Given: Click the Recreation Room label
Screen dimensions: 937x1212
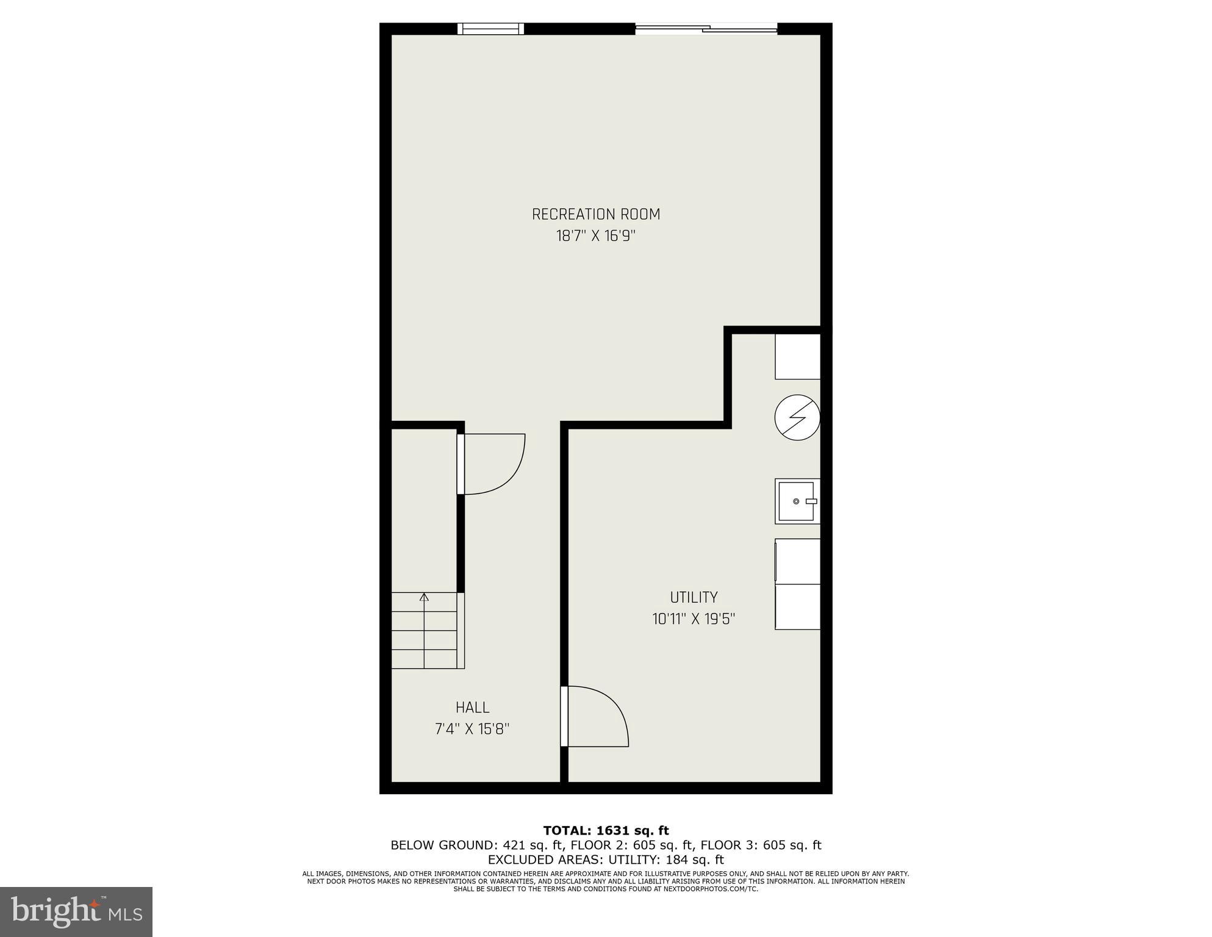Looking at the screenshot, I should pos(596,214).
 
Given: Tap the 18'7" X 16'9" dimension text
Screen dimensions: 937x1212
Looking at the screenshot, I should pos(596,236).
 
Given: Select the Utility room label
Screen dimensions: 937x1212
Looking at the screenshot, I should pos(694,597).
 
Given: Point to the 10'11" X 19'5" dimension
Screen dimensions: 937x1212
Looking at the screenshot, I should pos(694,619).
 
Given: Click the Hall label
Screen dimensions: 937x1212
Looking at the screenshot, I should pos(472,708).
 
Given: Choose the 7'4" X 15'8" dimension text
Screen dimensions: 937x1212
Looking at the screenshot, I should pos(472,729).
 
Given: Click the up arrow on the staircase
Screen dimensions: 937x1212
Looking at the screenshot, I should pos(424,597).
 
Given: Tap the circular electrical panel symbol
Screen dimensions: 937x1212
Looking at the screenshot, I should pos(797,418).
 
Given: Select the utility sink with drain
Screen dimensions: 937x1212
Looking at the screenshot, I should pos(797,501).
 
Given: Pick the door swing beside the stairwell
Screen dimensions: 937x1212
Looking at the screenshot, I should pos(492,463).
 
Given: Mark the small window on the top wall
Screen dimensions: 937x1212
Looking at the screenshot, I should pos(491,29).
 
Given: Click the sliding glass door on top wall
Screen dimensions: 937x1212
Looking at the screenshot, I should pos(706,29).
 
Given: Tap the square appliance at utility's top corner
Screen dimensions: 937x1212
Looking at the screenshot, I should pos(797,356).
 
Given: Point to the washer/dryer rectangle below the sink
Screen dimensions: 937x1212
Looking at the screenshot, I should pos(797,584).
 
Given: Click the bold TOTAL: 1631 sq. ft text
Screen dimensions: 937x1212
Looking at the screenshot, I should pos(606,830).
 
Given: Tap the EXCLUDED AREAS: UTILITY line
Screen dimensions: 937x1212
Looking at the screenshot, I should pos(606,860).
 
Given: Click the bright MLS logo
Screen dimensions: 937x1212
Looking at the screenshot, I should pos(76,911).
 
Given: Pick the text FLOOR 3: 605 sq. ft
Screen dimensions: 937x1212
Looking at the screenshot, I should pos(761,845).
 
